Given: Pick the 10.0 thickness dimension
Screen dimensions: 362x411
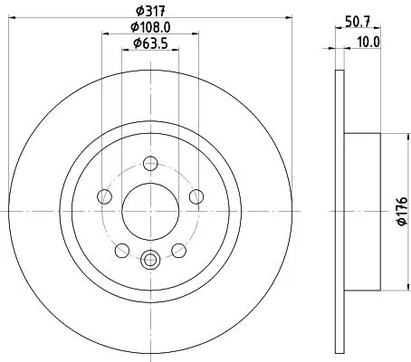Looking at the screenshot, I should coord(368,42).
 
